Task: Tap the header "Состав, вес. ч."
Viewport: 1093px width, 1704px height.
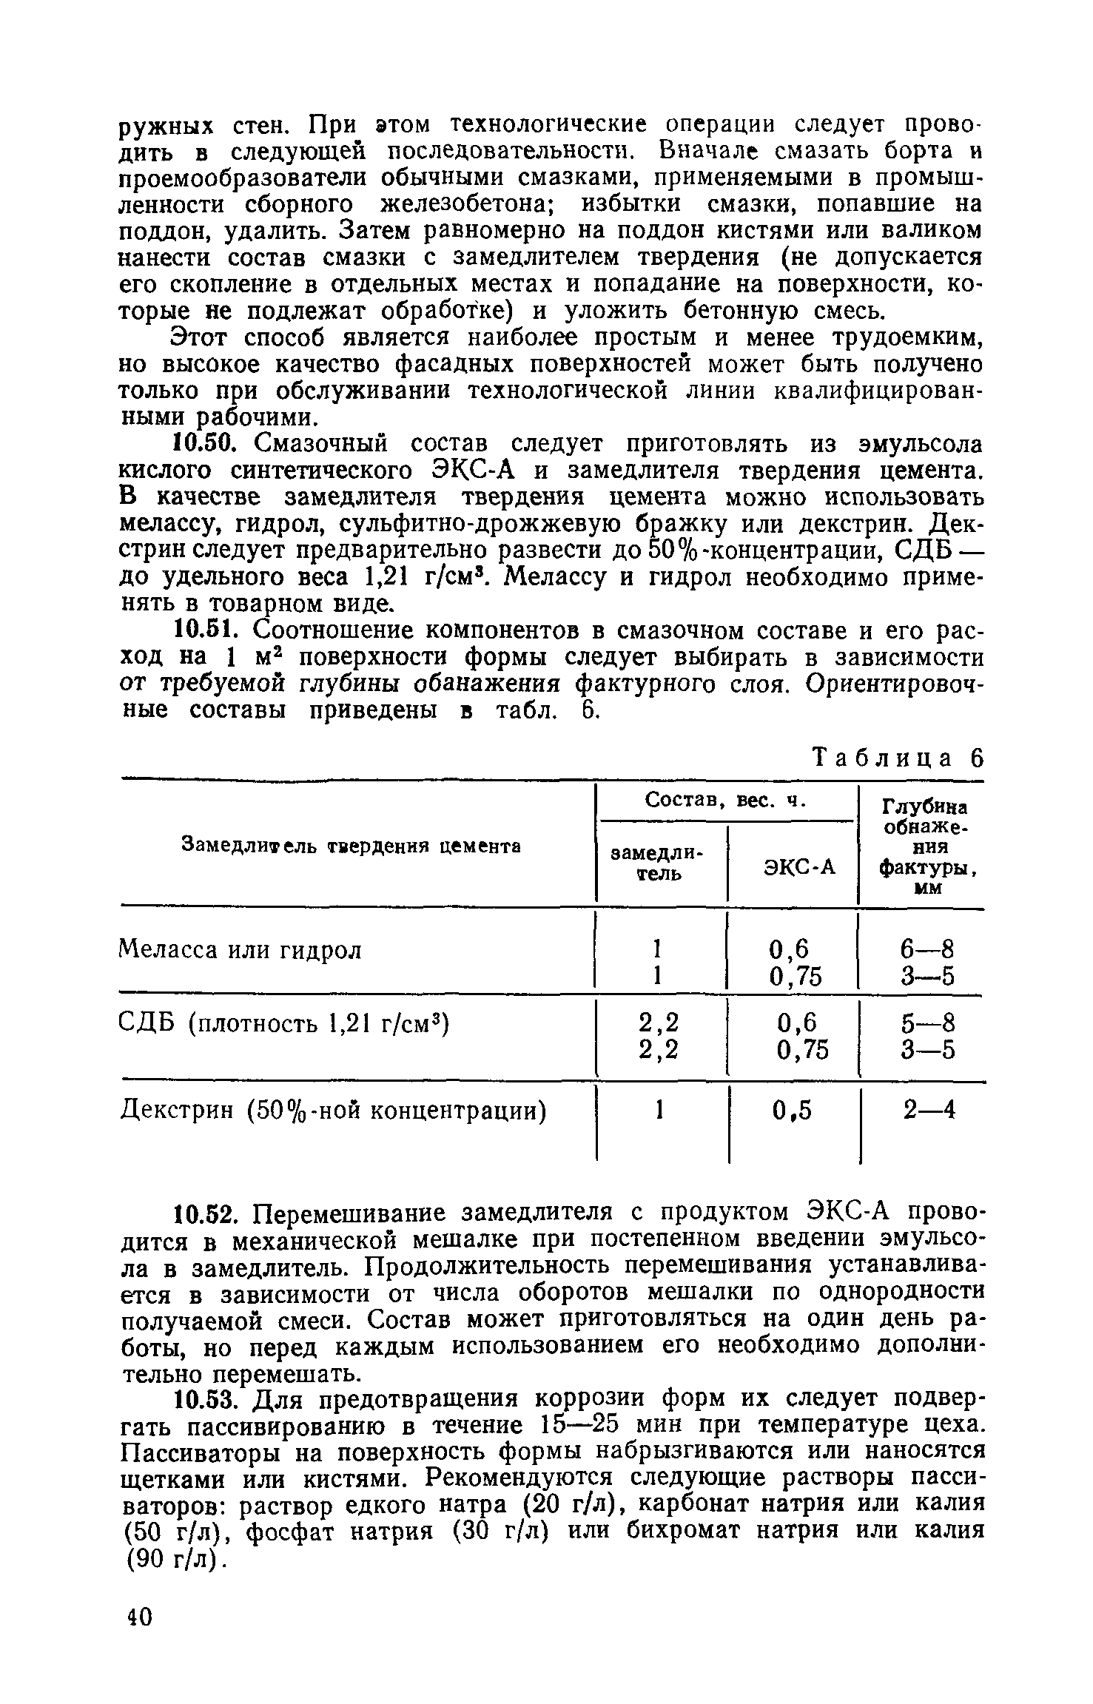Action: point(724,801)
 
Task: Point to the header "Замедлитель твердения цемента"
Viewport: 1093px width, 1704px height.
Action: point(352,845)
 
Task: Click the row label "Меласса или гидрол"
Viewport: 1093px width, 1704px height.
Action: point(241,949)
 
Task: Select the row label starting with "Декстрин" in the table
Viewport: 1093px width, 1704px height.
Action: point(333,1111)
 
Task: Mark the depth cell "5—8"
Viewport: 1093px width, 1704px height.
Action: point(928,1023)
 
